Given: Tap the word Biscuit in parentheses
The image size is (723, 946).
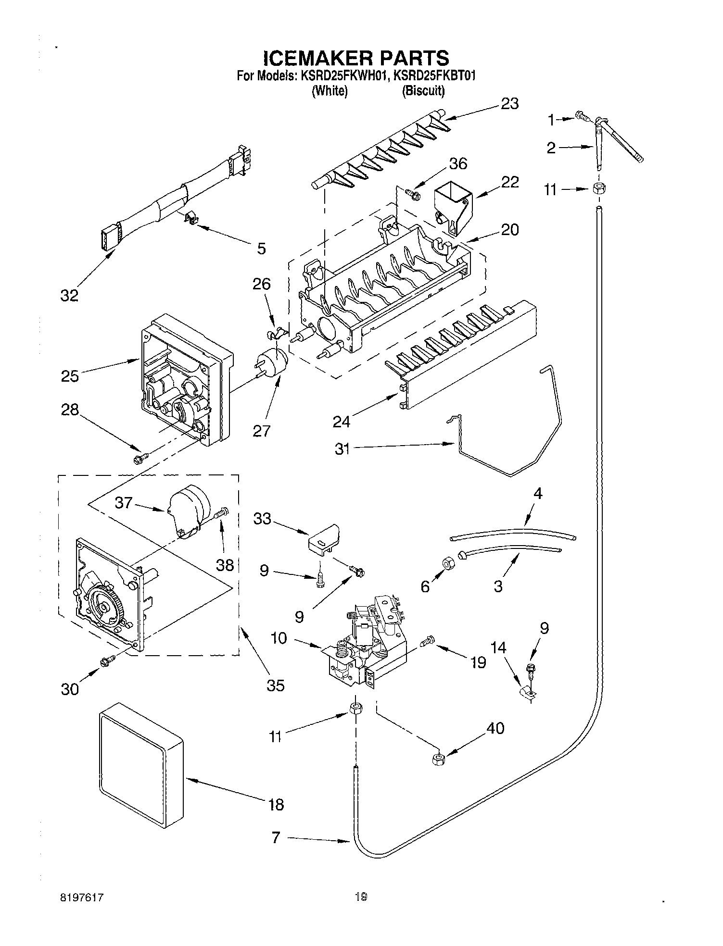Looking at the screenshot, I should pos(423,91).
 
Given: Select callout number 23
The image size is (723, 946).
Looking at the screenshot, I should pos(509,103).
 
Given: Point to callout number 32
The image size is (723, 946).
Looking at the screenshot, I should pos(69,295).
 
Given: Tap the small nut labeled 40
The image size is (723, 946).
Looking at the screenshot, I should pos(437,759).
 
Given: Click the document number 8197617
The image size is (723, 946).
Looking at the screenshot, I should pos(83,897).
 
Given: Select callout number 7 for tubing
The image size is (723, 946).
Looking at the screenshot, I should pos(276,838).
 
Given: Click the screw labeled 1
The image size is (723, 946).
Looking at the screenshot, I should pos(583,115).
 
